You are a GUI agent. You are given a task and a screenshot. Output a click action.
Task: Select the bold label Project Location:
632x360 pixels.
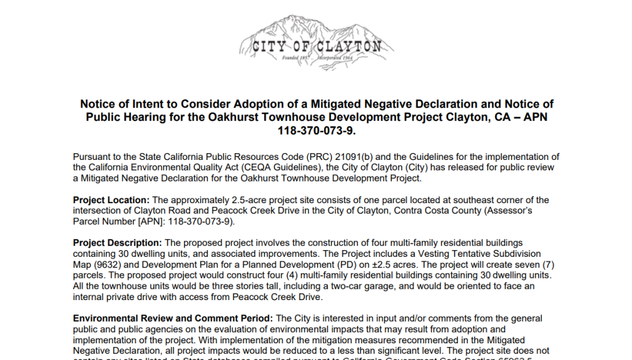click(111, 200)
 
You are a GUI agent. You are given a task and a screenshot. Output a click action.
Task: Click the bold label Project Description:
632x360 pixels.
click(117, 243)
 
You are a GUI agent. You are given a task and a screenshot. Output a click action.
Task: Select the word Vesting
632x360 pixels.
click(451, 254)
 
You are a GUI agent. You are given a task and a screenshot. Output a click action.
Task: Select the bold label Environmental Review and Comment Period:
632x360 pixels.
click(173, 319)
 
